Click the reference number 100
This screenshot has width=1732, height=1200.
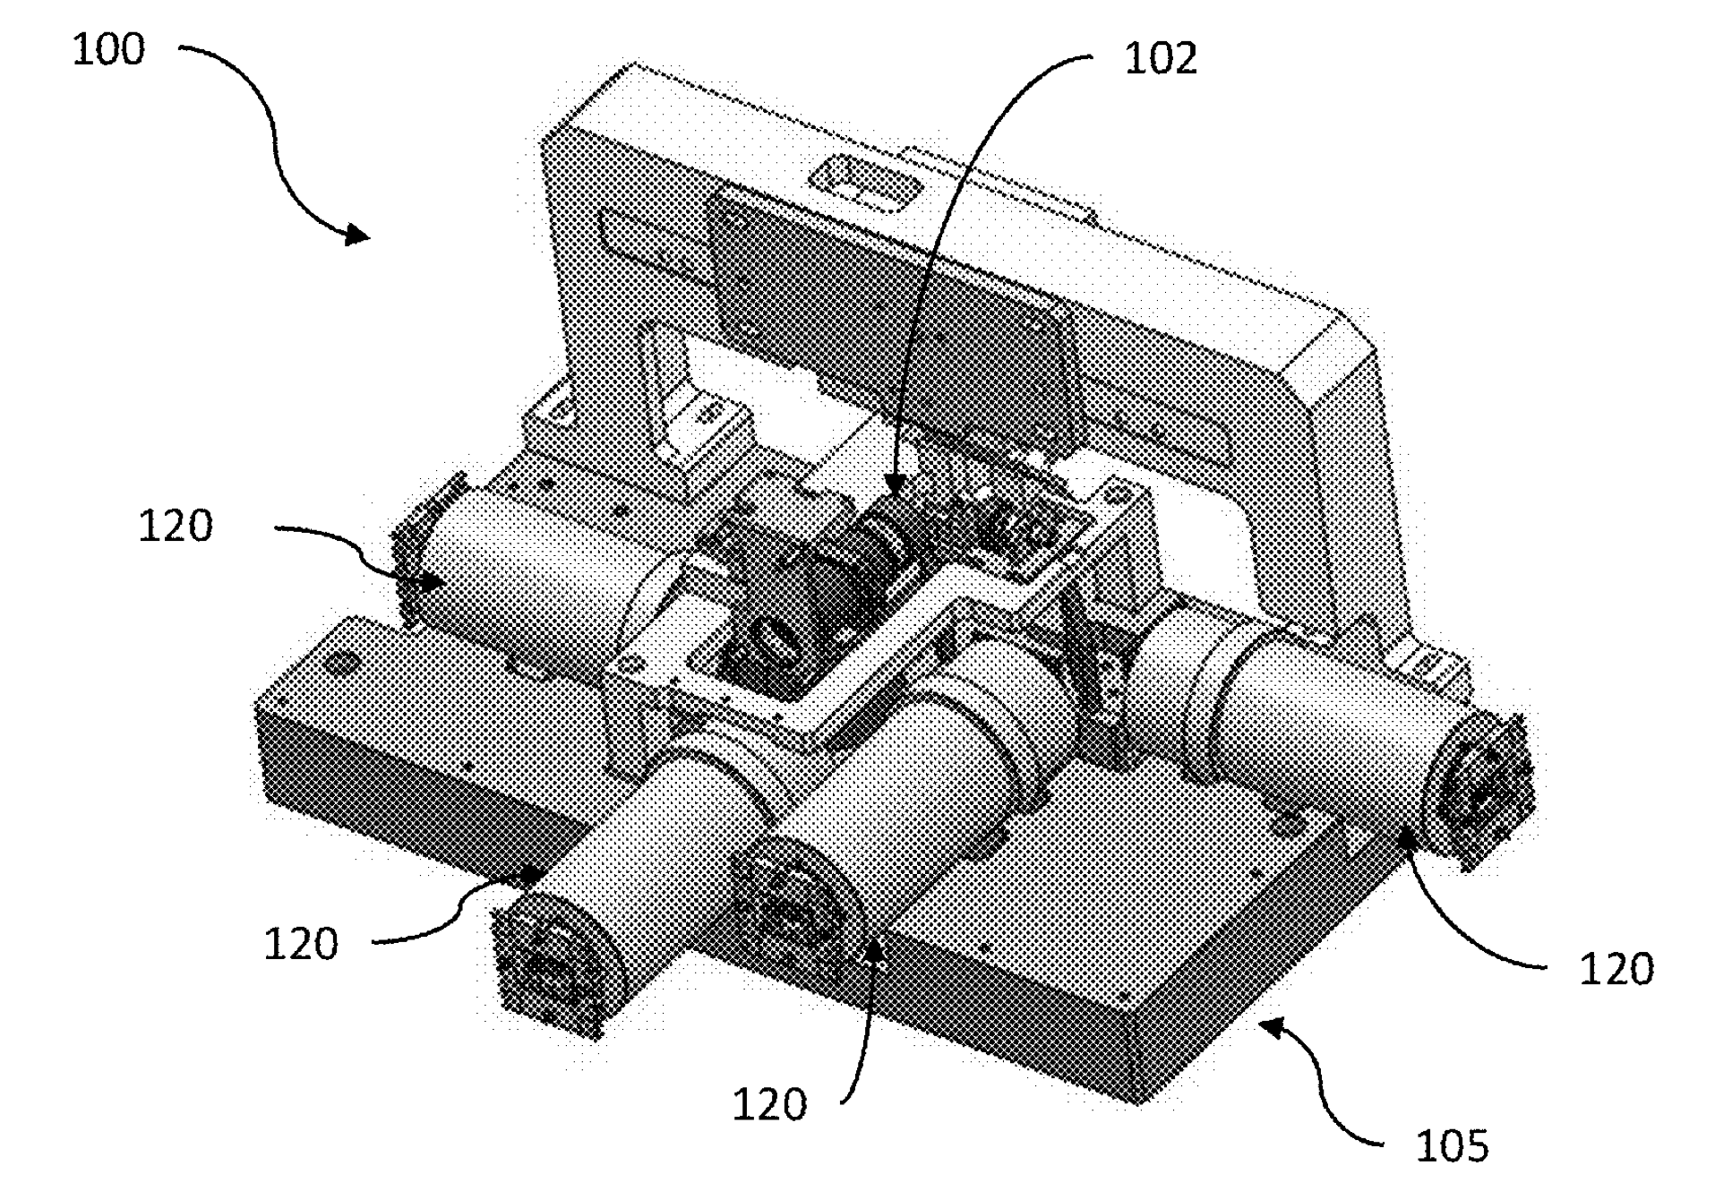[x=107, y=49]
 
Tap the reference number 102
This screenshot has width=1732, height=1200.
[x=1161, y=59]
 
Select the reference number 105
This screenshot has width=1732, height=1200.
[x=1452, y=1146]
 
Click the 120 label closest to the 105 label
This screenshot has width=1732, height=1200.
[x=1616, y=970]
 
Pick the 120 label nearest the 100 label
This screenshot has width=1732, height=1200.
[x=176, y=527]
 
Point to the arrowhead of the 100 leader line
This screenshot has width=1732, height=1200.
[x=358, y=235]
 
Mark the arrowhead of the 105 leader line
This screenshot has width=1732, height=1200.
[x=1273, y=1026]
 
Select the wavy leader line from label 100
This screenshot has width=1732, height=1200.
[x=273, y=134]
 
